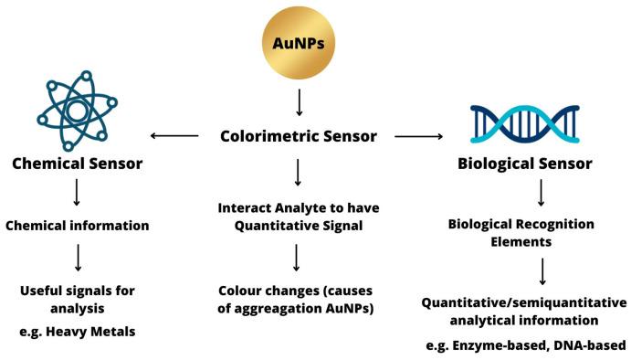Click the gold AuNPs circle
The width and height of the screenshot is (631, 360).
coord(300,43)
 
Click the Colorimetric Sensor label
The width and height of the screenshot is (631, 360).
coord(299,137)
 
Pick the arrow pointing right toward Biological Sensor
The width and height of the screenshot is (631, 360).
coord(418,137)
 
